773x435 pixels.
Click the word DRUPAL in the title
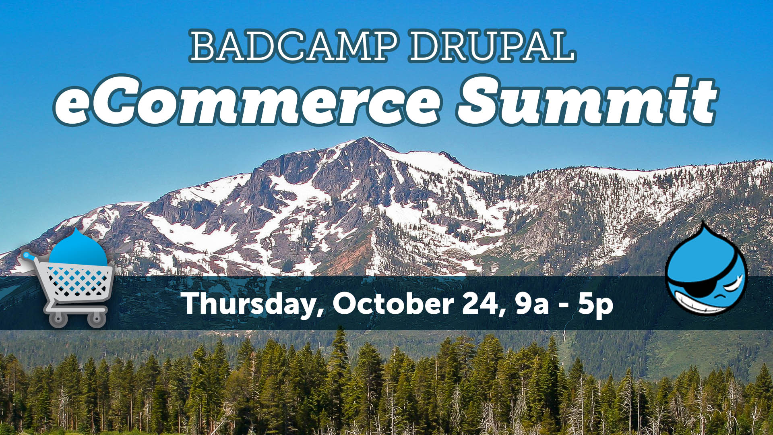(x=492, y=46)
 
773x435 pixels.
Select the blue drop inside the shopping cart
(x=78, y=248)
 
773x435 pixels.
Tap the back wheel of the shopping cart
(x=97, y=319)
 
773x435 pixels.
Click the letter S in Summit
(x=481, y=99)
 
